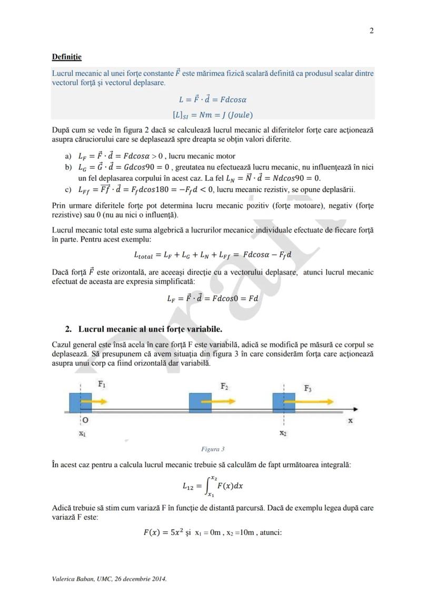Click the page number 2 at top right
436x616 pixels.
point(371,31)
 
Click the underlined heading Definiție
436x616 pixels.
point(66,56)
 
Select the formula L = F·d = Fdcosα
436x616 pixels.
point(213,99)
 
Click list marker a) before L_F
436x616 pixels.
point(68,156)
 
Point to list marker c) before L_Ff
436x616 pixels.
point(68,190)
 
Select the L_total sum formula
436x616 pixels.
point(213,255)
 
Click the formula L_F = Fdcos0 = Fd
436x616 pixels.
point(213,298)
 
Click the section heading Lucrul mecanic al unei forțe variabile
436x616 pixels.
point(150,329)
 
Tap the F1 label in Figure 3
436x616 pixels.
point(102,385)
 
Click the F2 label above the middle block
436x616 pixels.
point(224,386)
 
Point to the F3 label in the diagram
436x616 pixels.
point(308,388)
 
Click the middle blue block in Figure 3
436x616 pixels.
point(200,402)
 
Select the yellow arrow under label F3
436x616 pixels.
point(311,401)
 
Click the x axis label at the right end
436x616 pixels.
point(350,421)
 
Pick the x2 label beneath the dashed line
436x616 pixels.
point(283,433)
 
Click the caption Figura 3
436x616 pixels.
point(213,449)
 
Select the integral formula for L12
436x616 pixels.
point(213,486)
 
